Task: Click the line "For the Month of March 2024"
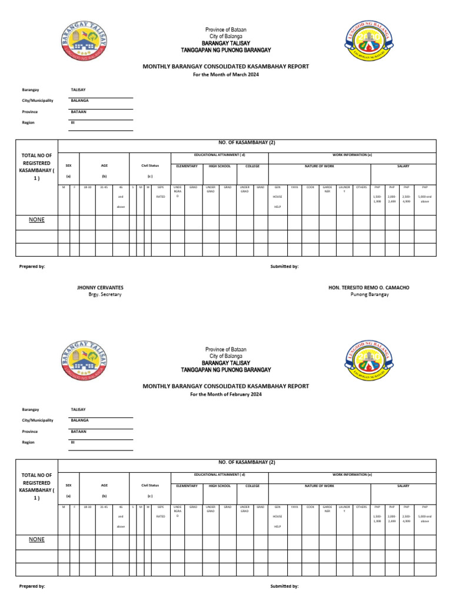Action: click(x=226, y=74)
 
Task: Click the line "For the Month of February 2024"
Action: click(x=226, y=394)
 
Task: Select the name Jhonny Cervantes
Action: click(x=100, y=287)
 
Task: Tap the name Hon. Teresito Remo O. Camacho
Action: click(x=368, y=287)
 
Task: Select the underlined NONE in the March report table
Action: click(x=37, y=220)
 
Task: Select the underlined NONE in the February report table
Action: click(x=37, y=539)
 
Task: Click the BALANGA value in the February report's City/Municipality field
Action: click(x=79, y=420)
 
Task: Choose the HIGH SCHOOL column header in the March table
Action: click(x=220, y=166)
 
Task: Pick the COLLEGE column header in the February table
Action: click(x=252, y=486)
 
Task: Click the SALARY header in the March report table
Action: click(x=403, y=166)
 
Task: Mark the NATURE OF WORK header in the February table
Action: click(x=319, y=486)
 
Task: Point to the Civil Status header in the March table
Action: click(x=150, y=166)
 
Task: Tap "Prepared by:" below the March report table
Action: click(x=32, y=267)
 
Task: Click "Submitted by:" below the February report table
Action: click(x=284, y=587)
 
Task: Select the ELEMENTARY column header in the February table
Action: click(x=187, y=486)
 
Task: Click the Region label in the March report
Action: click(x=28, y=122)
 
